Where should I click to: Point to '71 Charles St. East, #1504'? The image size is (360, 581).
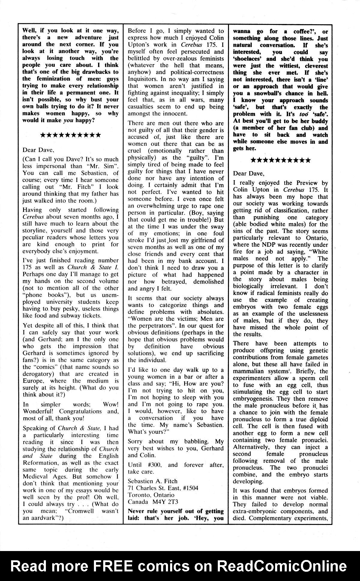163,488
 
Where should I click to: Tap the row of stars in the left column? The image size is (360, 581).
70,135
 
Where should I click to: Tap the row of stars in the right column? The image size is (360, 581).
280,160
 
